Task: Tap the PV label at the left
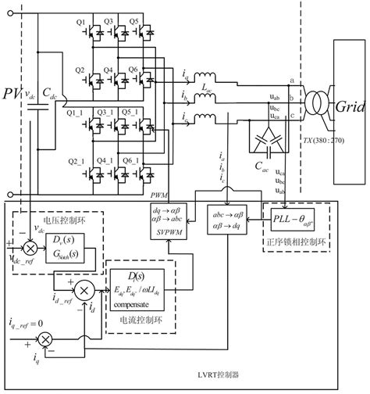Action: coord(13,97)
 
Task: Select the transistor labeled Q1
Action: coord(96,34)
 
